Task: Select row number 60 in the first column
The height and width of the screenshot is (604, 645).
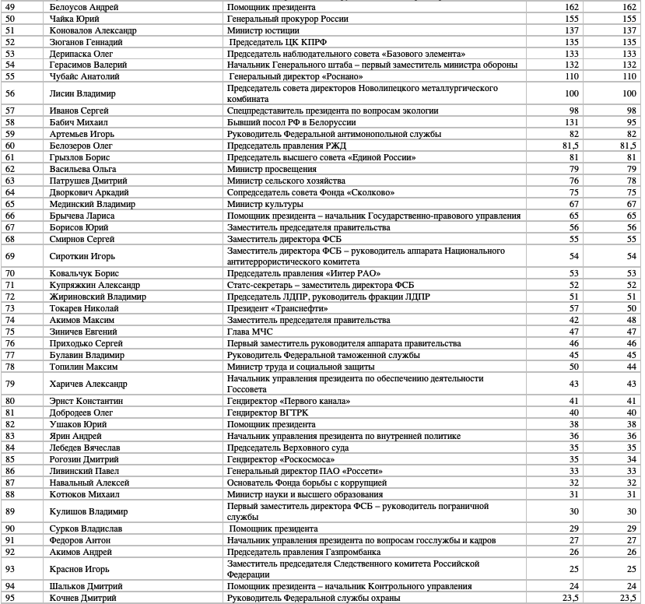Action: click(x=10, y=145)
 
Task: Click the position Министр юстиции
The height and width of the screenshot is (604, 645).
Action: click(x=261, y=30)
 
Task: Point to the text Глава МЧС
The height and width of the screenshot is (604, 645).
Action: click(x=250, y=332)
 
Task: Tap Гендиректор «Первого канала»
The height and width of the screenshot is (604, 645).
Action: click(x=288, y=401)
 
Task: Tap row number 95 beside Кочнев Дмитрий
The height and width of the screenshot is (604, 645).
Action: click(x=10, y=598)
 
